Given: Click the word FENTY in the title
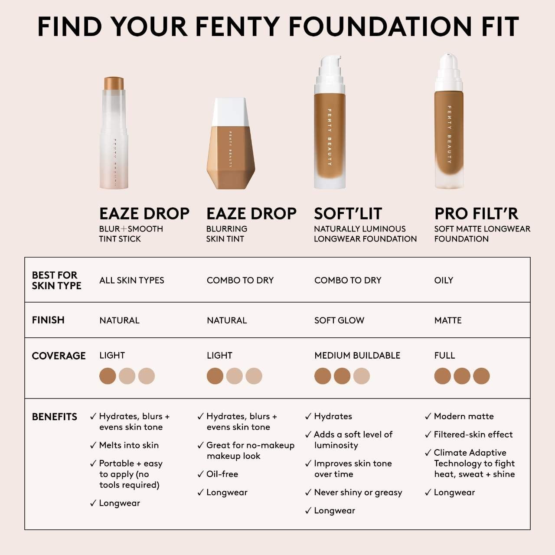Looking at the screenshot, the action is pyautogui.click(x=238, y=27).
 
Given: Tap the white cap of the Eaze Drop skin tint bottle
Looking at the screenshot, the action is pyautogui.click(x=230, y=112).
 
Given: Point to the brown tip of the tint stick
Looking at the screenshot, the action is pyautogui.click(x=114, y=83).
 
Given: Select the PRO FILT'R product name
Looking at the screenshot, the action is pyautogui.click(x=476, y=214).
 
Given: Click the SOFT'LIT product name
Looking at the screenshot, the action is pyautogui.click(x=348, y=214).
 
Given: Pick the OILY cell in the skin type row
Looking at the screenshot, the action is pyautogui.click(x=444, y=280).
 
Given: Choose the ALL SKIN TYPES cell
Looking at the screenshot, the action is pyautogui.click(x=132, y=280).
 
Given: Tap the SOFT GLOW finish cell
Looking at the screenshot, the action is pyautogui.click(x=339, y=320).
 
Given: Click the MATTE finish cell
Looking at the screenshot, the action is pyautogui.click(x=448, y=320).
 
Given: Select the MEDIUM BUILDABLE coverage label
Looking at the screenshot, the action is pyautogui.click(x=357, y=356).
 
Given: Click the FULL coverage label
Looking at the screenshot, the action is pyautogui.click(x=444, y=356).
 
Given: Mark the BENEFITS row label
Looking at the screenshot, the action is pyautogui.click(x=55, y=417).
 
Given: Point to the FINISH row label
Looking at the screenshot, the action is pyautogui.click(x=48, y=320).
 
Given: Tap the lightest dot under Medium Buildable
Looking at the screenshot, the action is pyautogui.click(x=362, y=376).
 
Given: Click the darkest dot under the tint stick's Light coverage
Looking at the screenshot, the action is pyautogui.click(x=108, y=376).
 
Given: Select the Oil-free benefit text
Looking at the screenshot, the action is pyautogui.click(x=222, y=474).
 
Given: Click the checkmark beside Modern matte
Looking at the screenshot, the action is pyautogui.click(x=428, y=416).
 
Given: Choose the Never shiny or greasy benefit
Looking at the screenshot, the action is pyautogui.click(x=358, y=493).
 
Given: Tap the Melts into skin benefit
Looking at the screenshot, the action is pyautogui.click(x=129, y=445).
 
